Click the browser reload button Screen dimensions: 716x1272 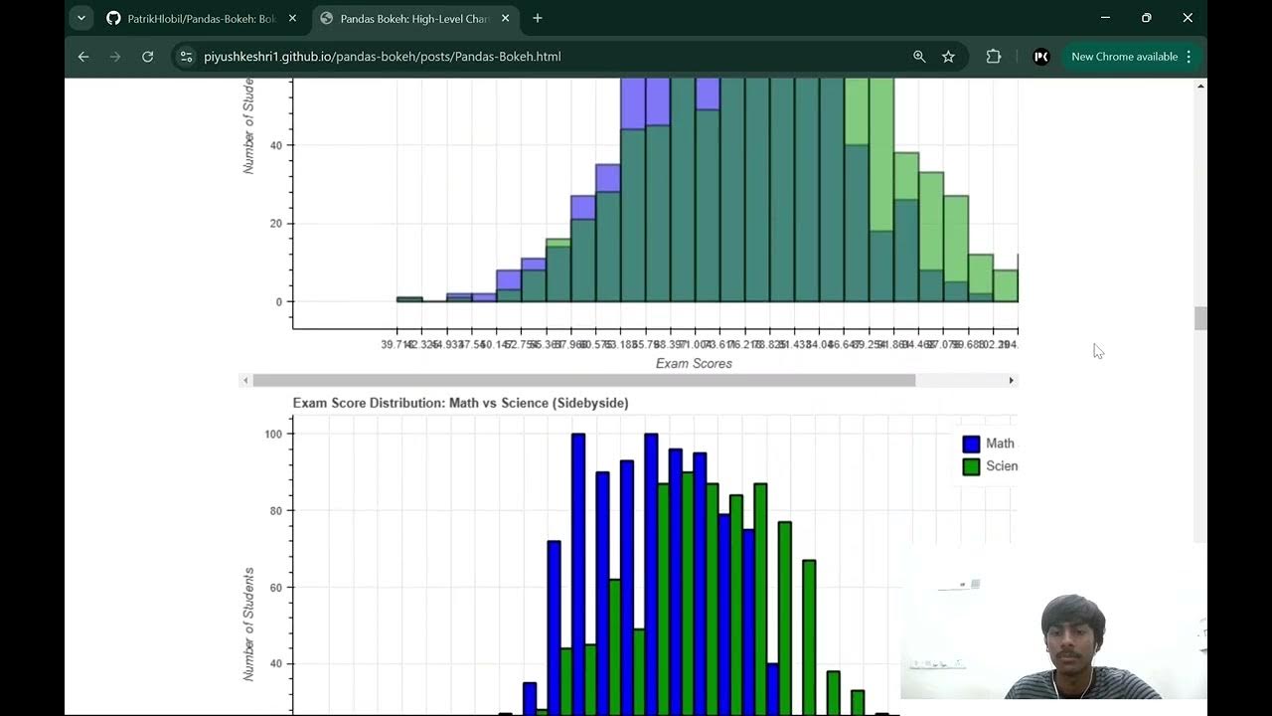click(x=148, y=57)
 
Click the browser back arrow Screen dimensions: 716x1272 click(x=83, y=57)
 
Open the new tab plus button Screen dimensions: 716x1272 click(x=538, y=18)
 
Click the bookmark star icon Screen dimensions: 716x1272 click(x=948, y=57)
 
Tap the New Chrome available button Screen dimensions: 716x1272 click(x=1124, y=57)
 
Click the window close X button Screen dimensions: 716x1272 click(x=1188, y=18)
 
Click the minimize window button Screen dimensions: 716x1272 click(x=1106, y=18)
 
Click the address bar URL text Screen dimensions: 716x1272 click(x=383, y=57)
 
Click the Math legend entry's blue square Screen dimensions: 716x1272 click(x=971, y=444)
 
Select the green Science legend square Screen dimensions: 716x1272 click(x=971, y=466)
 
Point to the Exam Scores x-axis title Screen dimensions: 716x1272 click(x=694, y=364)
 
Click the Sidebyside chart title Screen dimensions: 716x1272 click(x=460, y=403)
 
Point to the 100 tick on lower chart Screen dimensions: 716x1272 click(x=272, y=435)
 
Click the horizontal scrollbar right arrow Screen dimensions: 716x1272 click(x=1012, y=380)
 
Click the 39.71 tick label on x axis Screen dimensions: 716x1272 click(x=397, y=344)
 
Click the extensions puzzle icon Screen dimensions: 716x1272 click(x=993, y=57)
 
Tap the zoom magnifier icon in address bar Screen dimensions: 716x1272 click(x=919, y=57)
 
